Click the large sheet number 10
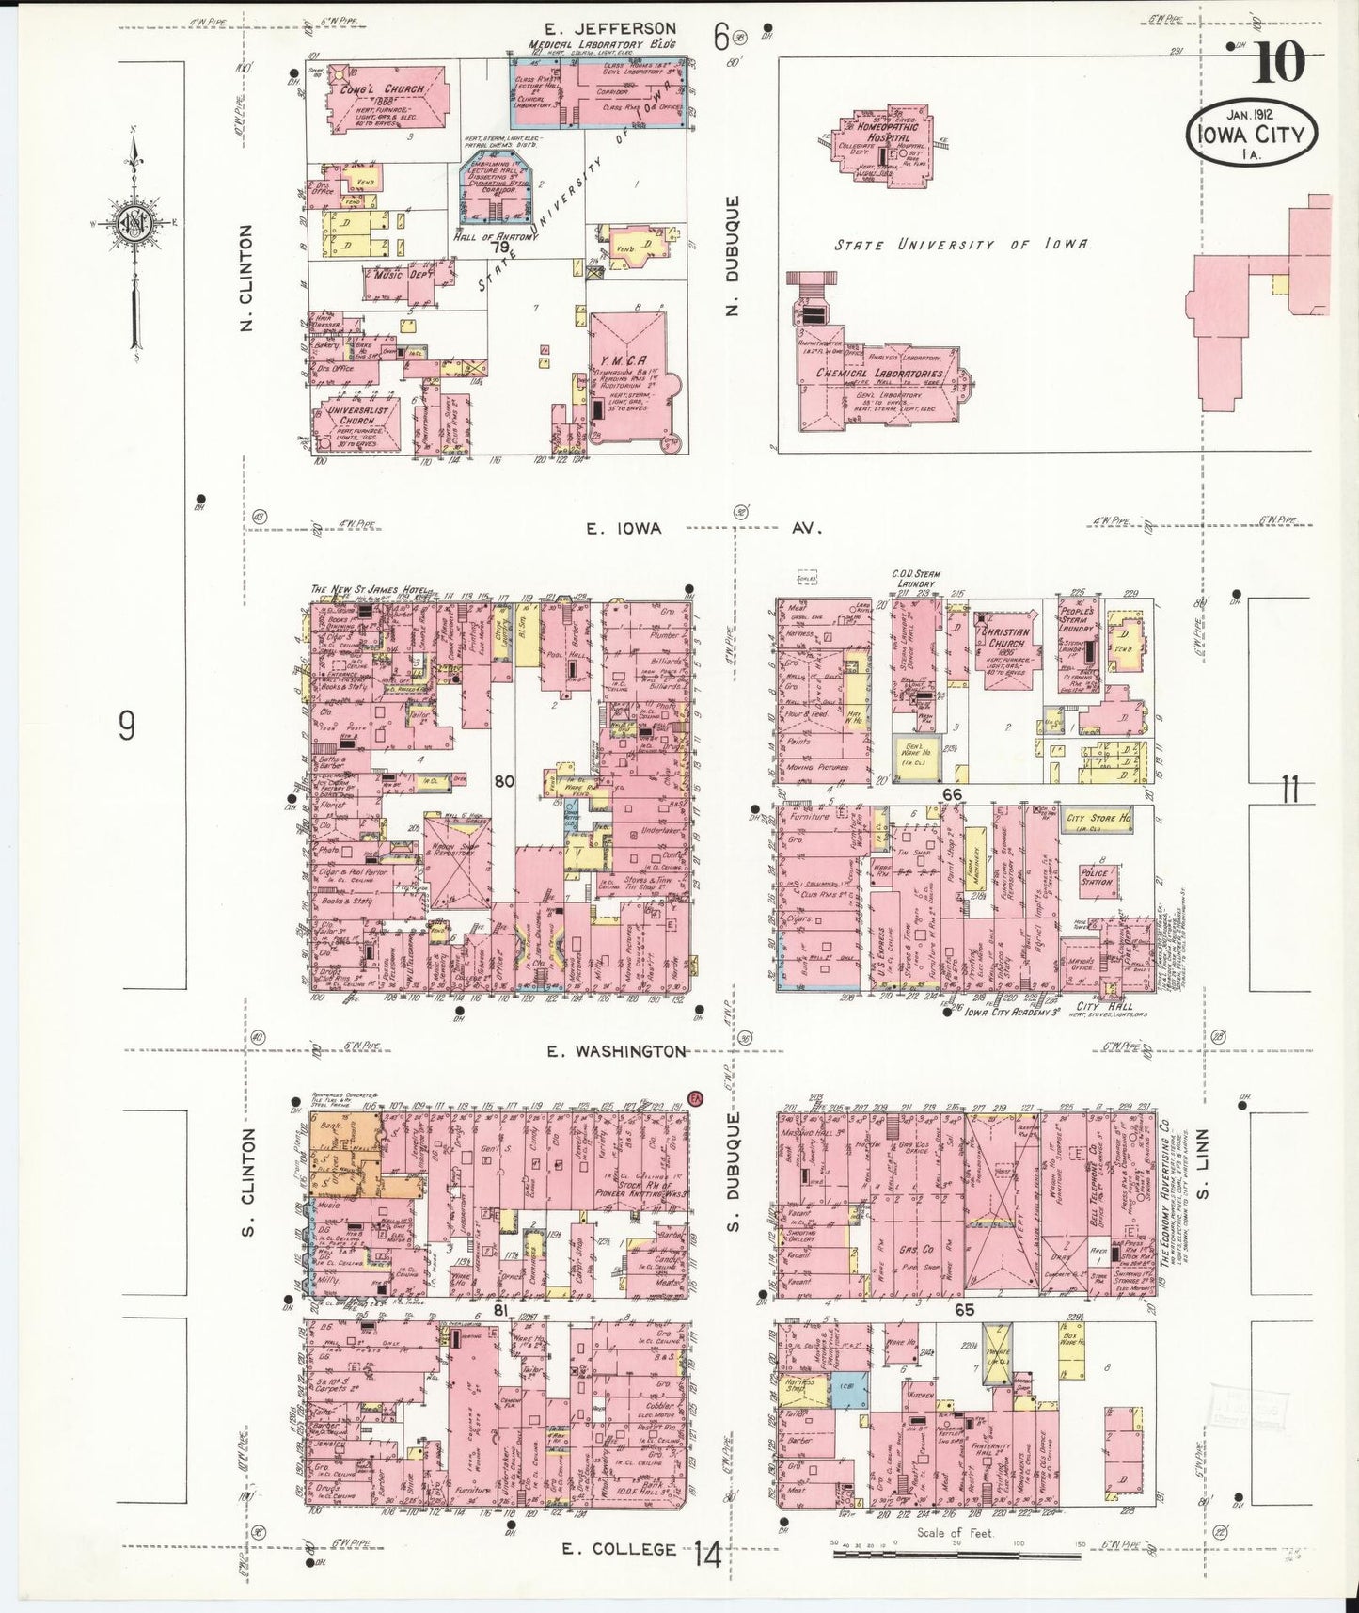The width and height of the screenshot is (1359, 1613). coord(1279,64)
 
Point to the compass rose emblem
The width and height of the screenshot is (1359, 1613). coord(134,223)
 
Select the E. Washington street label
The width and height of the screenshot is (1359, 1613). coord(617,1051)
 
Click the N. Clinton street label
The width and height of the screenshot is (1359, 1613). coord(247,279)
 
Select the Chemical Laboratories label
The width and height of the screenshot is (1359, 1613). coord(879,374)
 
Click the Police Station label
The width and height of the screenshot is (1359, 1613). coord(1097,877)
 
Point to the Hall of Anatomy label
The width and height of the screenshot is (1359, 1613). coord(497,236)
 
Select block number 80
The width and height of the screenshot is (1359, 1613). coord(504,780)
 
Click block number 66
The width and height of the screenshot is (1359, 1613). coord(952,795)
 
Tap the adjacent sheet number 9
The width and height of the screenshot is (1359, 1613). coord(126,726)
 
